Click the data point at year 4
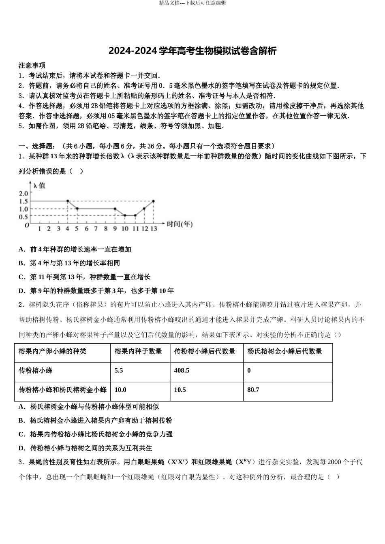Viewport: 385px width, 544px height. (x=68, y=201)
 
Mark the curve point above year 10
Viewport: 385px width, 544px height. (x=125, y=215)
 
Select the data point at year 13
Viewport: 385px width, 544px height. (x=153, y=201)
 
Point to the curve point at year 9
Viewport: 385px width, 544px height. (x=115, y=209)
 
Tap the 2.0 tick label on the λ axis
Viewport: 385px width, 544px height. (x=24, y=193)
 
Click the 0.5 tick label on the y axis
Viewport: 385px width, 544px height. (x=24, y=217)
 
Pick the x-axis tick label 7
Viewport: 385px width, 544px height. (x=96, y=229)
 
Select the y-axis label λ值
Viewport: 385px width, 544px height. (x=39, y=185)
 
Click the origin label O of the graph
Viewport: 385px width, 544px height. (x=27, y=225)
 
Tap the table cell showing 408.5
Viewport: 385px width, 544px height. (x=182, y=370)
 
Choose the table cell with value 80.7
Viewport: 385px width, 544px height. (x=253, y=390)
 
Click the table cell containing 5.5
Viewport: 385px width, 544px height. (x=119, y=370)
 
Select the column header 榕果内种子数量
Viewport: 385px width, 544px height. (x=138, y=351)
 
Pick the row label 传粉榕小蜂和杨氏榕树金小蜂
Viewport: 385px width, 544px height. (x=63, y=390)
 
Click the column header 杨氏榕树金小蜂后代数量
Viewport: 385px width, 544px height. (x=284, y=351)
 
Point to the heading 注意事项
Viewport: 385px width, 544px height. (x=32, y=65)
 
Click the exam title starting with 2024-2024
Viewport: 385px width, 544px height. (x=192, y=51)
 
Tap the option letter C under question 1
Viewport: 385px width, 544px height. (x=21, y=277)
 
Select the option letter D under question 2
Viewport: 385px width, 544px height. (x=21, y=448)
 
